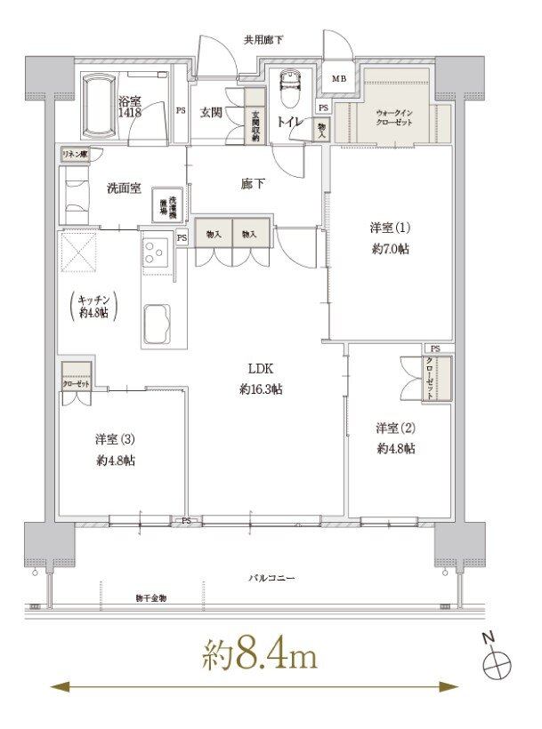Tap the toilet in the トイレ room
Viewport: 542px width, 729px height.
click(288, 90)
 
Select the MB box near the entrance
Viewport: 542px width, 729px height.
click(339, 79)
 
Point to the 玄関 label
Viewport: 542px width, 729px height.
click(211, 112)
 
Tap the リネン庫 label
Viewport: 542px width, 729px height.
click(74, 155)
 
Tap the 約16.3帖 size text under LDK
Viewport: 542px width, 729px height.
click(261, 389)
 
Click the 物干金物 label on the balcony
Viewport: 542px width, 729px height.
click(151, 597)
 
